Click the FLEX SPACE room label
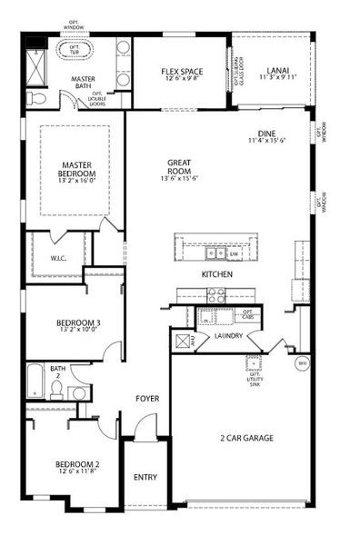178,72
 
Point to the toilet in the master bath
36,96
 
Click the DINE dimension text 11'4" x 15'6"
271,140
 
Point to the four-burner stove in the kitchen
216,294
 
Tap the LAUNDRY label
227,335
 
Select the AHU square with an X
179,340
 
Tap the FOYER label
148,398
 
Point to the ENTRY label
145,477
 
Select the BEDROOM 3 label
78,322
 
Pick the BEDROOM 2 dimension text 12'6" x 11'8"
77,472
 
